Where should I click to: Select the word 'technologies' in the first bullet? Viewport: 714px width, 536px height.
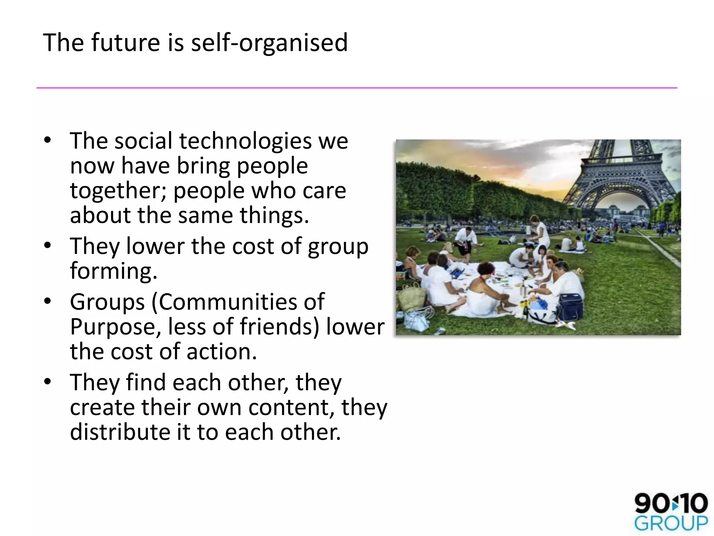pyautogui.click(x=245, y=141)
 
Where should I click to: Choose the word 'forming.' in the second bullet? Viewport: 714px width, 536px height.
pyautogui.click(x=114, y=271)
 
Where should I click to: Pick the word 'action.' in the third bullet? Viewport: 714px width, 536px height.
pyautogui.click(x=222, y=351)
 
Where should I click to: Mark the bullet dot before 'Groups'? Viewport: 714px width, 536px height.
pyautogui.click(x=48, y=301)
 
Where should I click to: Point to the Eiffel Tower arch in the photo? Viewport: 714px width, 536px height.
pyautogui.click(x=624, y=195)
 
